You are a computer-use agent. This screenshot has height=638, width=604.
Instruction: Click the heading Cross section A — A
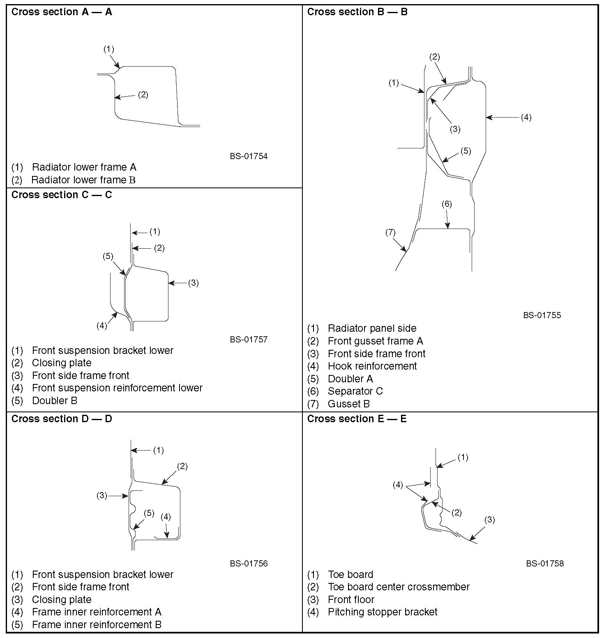click(x=62, y=12)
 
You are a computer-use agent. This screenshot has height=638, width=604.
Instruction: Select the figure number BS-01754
click(x=249, y=156)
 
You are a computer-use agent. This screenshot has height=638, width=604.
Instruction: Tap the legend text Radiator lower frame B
click(x=83, y=180)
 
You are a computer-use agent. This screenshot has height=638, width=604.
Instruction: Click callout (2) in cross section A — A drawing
click(x=143, y=95)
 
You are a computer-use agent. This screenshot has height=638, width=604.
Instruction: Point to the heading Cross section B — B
click(x=357, y=12)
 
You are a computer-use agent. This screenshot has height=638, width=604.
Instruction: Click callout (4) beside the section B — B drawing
click(x=526, y=117)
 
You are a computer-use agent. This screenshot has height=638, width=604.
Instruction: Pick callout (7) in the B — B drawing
click(x=390, y=233)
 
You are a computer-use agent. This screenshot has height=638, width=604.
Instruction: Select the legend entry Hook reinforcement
click(x=372, y=366)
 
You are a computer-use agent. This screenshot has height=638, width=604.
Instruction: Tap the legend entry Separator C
click(x=355, y=391)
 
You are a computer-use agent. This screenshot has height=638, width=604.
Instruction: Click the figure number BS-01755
click(x=542, y=315)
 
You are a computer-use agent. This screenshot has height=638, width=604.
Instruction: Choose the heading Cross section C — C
click(x=62, y=195)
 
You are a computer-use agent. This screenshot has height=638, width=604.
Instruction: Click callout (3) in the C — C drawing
click(x=193, y=283)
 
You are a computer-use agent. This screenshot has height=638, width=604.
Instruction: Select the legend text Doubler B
click(x=54, y=400)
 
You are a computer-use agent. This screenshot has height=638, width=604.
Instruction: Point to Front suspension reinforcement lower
click(x=117, y=388)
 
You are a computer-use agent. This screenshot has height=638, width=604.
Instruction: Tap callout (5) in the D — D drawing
click(x=149, y=513)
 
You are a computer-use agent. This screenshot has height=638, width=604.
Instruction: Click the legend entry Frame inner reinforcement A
click(x=97, y=612)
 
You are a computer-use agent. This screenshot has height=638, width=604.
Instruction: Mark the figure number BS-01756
click(x=249, y=563)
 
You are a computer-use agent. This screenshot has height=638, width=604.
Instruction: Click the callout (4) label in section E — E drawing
click(x=397, y=485)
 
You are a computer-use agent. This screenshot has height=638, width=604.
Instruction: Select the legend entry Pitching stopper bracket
click(x=382, y=612)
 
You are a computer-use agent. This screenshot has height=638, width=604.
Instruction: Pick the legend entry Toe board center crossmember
click(x=398, y=587)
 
